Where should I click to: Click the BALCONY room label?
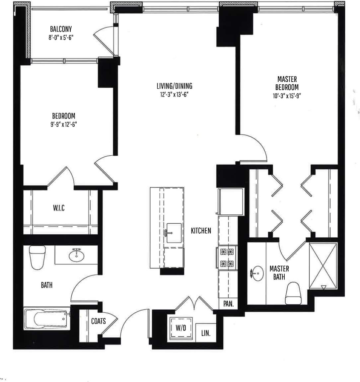tap(61, 29)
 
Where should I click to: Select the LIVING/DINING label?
tap(174, 86)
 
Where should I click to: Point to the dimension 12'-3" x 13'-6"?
tap(174, 95)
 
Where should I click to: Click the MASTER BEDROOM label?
tap(287, 83)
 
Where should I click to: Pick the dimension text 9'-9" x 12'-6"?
tap(63, 124)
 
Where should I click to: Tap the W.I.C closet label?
tap(59, 208)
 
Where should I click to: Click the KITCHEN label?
tap(201, 231)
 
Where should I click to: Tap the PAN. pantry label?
tap(228, 304)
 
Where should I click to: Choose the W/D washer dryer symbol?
tap(181, 328)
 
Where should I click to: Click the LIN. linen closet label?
tap(206, 333)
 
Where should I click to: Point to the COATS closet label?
tap(98, 321)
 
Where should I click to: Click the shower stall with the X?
tap(323, 266)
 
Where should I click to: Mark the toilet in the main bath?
tap(37, 257)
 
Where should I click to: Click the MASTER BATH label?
tap(279, 272)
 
